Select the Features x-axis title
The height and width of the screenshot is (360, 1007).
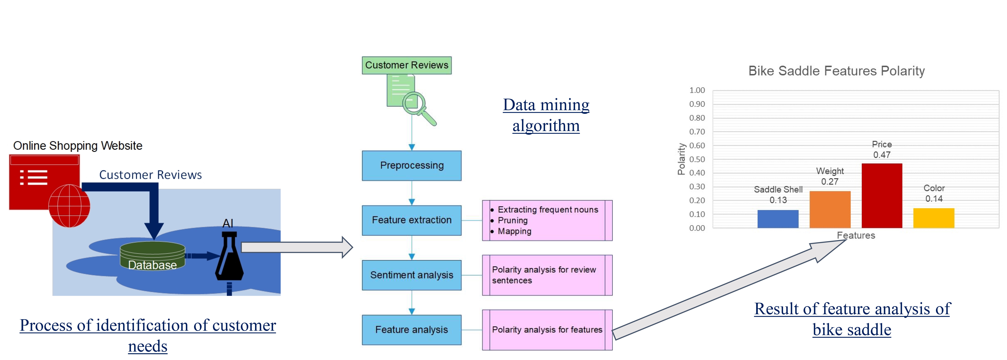coord(856,235)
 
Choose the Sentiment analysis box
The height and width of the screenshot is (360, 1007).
coord(412,275)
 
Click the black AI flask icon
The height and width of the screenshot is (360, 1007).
coord(229,258)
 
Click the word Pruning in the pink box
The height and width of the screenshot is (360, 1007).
coord(512,220)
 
